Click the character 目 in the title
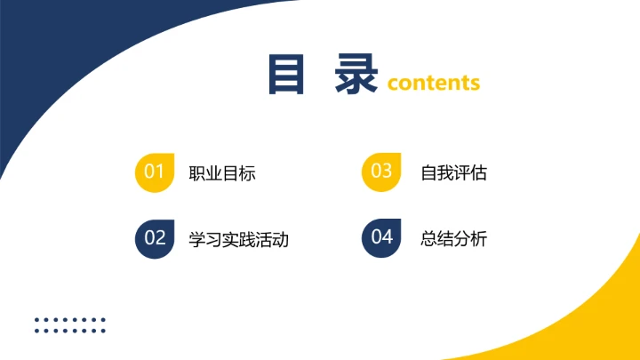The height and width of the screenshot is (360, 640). [286, 75]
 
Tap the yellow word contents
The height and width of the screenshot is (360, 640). [434, 84]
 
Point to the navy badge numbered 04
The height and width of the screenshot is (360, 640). [381, 237]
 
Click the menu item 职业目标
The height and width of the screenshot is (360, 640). [222, 173]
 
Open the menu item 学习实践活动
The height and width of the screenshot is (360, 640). [239, 239]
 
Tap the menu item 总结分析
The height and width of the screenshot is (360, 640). [453, 239]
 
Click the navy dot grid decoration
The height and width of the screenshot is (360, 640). [70, 325]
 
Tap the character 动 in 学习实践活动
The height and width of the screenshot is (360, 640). [281, 239]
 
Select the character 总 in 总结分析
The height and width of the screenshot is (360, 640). [428, 239]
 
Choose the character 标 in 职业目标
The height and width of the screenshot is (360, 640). [247, 173]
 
